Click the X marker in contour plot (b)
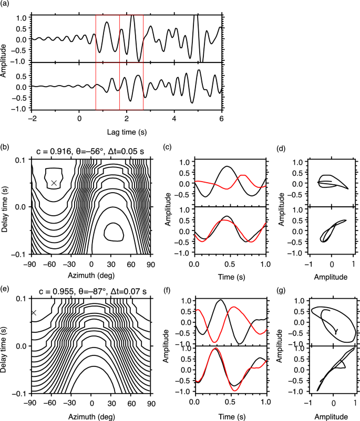pos(54,183)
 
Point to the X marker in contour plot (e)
pos(34,312)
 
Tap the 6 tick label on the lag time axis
pos(222,119)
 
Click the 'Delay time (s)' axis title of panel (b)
pos(6,206)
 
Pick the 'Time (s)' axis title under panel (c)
pos(229,275)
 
